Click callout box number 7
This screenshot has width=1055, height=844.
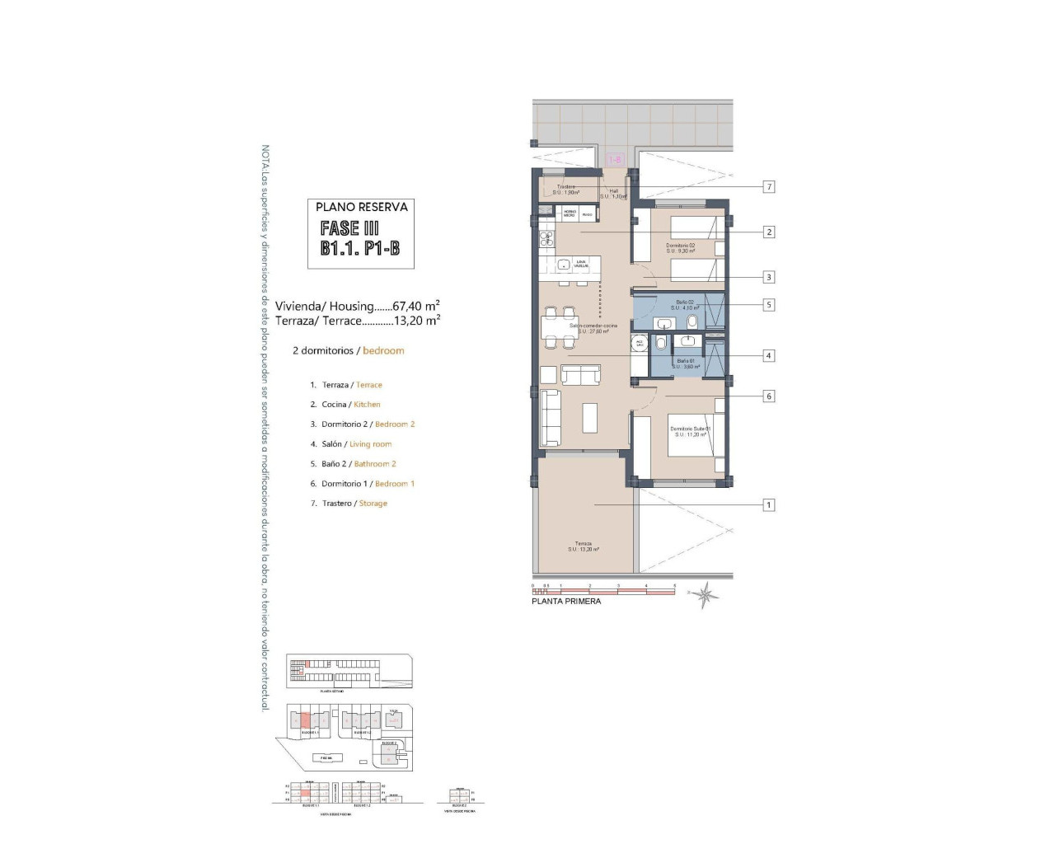tap(769, 187)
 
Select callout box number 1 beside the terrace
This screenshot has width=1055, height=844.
tap(769, 505)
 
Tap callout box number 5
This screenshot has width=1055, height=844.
tap(769, 305)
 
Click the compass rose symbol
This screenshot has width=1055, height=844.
tap(705, 594)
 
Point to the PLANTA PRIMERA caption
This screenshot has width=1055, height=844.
tap(566, 602)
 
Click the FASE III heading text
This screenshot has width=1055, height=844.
tap(349, 228)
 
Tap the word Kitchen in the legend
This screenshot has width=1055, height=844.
tap(367, 405)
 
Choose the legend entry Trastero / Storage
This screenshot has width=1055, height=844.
tap(349, 504)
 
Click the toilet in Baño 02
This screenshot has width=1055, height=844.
tap(692, 321)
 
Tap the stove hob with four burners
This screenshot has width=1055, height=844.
tap(546, 239)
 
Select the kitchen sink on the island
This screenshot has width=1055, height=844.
tap(563, 265)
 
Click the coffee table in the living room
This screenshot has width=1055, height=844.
tap(590, 417)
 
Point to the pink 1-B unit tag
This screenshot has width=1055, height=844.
tap(615, 160)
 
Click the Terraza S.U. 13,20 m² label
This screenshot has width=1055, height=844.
tap(584, 546)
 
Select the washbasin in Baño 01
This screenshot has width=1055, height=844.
tap(688, 341)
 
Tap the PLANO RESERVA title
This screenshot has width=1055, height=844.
tap(361, 208)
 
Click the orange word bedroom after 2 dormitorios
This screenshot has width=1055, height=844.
tap(383, 351)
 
